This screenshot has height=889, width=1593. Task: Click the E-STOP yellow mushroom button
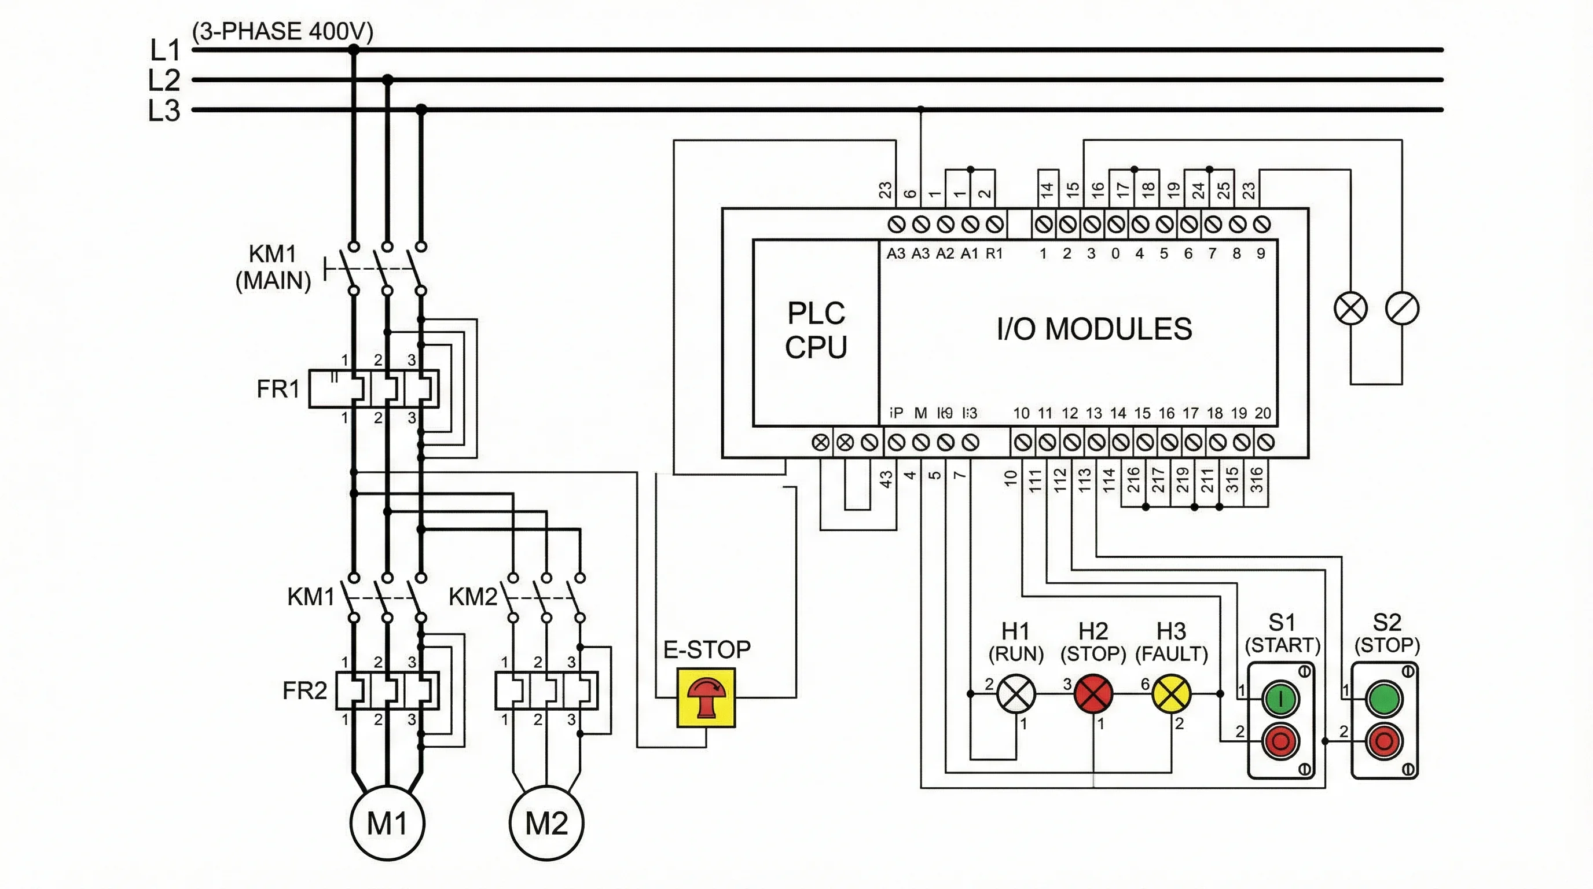pos(706,697)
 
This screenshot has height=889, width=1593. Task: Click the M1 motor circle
pos(387,823)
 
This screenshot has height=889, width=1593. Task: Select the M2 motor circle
pos(546,823)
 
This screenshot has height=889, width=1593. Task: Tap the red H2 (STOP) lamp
pos(1093,693)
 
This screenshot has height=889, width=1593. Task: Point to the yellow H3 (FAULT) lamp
pos(1170,693)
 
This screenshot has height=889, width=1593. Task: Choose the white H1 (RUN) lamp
pos(1016,693)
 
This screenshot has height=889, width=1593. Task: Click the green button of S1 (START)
pos(1280,699)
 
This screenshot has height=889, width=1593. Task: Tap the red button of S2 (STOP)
pos(1384,741)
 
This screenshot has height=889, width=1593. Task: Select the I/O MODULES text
pos(1094,329)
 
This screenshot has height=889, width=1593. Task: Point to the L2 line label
pos(164,80)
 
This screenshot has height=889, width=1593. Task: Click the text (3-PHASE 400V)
pos(282,31)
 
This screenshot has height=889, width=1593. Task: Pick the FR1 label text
pos(278,389)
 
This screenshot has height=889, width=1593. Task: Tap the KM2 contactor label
pos(472,597)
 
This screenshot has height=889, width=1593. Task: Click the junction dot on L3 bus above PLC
pos(920,109)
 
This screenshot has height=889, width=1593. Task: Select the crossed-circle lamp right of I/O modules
pos(1350,308)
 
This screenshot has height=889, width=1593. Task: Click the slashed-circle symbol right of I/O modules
pos(1402,308)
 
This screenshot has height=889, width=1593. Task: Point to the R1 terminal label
pos(994,254)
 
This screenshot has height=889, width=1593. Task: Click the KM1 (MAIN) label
pos(273,267)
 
